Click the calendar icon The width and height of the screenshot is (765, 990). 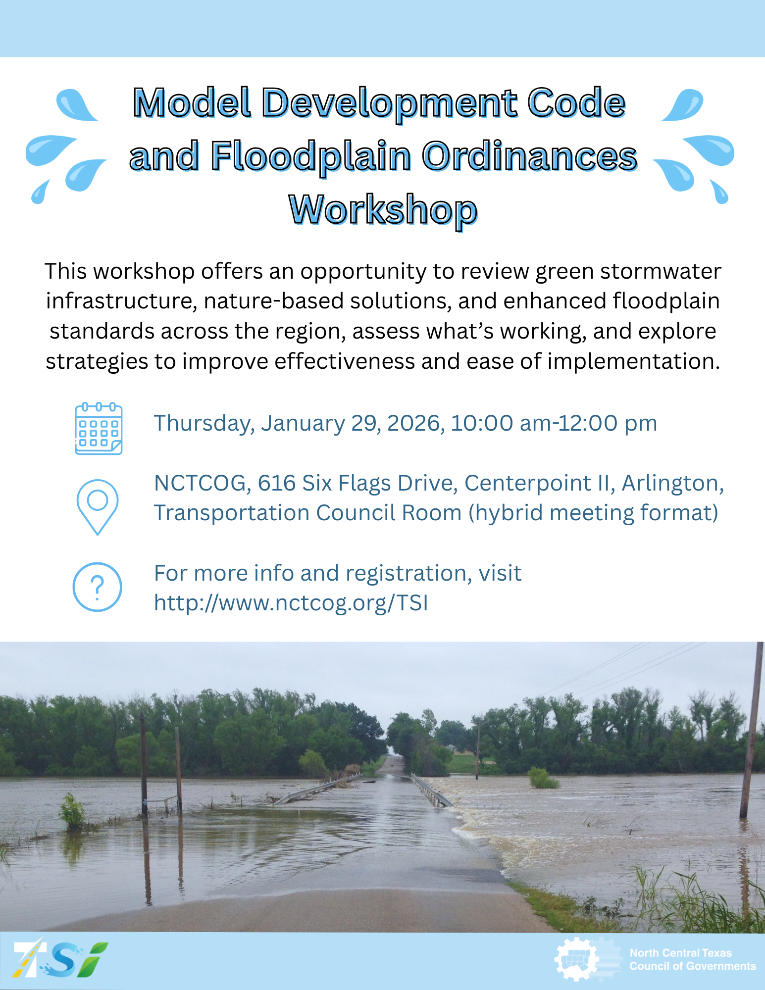pyautogui.click(x=99, y=429)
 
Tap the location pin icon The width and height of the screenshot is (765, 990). pyautogui.click(x=98, y=507)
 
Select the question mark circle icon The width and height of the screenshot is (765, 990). pyautogui.click(x=98, y=587)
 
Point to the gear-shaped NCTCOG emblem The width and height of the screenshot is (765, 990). pyautogui.click(x=577, y=959)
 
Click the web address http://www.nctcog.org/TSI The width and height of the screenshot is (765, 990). pyautogui.click(x=291, y=603)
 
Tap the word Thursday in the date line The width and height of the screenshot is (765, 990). pyautogui.click(x=204, y=424)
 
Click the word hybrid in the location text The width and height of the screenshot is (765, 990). pyautogui.click(x=505, y=513)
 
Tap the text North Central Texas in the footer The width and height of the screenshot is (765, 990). pyautogui.click(x=680, y=953)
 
